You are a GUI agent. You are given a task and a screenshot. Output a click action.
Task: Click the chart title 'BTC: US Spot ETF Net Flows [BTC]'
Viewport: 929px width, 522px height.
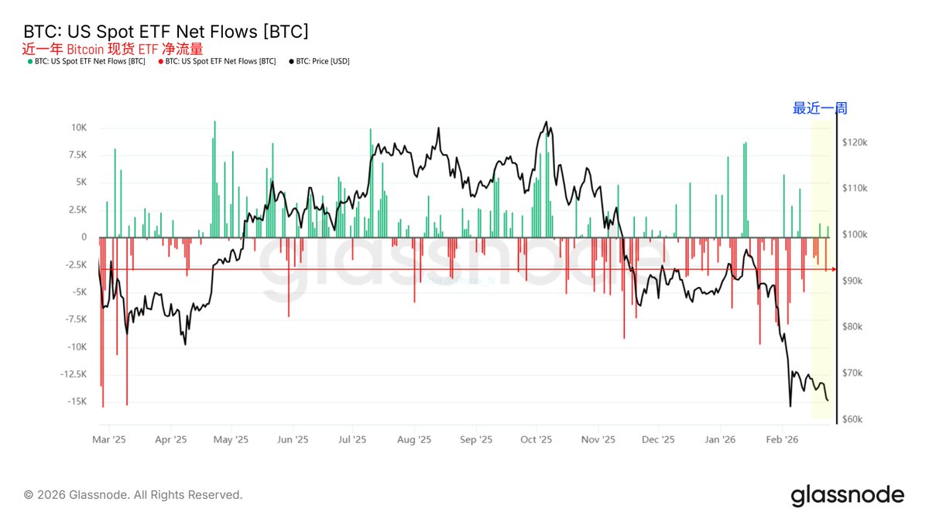point(166,32)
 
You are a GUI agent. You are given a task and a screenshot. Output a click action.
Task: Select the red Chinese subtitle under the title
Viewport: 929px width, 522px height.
point(112,49)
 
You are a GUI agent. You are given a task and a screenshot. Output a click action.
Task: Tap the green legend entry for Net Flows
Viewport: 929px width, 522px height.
point(88,61)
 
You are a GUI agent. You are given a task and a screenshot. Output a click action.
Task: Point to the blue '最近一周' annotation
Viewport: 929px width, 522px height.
point(820,108)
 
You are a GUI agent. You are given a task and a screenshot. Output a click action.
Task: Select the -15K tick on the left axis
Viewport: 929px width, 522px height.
point(74,401)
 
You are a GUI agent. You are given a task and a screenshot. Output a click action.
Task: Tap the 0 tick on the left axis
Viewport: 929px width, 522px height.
point(83,237)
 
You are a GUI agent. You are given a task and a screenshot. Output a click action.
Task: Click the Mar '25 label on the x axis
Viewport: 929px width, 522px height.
point(108,439)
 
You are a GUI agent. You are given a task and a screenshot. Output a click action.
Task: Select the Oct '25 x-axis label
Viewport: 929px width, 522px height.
point(536,439)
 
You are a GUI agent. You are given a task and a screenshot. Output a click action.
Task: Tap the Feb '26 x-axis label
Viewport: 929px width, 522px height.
point(781,439)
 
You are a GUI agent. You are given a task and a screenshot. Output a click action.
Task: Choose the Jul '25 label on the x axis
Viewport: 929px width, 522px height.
point(352,439)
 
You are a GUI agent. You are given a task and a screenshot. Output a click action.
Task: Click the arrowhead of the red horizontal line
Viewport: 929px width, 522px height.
point(834,269)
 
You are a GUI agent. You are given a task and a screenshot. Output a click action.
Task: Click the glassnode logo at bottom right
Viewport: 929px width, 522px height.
point(847,495)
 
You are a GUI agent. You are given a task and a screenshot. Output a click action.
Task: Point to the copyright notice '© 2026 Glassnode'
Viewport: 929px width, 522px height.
point(133,495)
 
